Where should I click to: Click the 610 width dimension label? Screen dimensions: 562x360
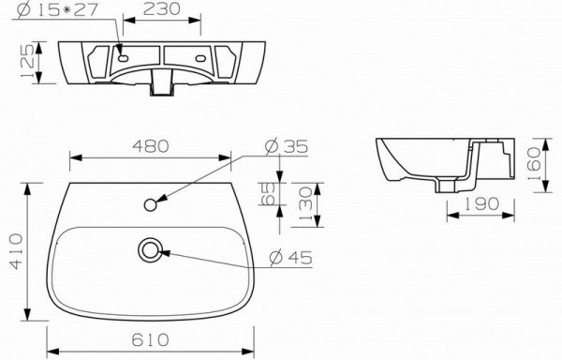click(x=150, y=339)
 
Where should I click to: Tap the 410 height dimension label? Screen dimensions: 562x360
click(x=16, y=251)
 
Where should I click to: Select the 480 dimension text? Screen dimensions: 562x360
click(x=151, y=146)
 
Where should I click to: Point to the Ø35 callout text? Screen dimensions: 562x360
click(x=286, y=146)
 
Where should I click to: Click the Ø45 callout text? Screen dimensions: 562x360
click(x=290, y=257)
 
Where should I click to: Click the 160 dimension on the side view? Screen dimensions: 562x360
click(x=534, y=165)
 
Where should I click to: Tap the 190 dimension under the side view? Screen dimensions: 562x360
click(x=481, y=203)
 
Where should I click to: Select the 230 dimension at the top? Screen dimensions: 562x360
click(x=162, y=9)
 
